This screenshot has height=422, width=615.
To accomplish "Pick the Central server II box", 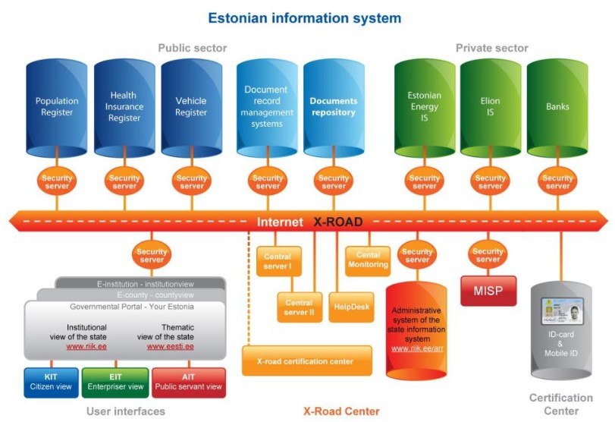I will (299, 307).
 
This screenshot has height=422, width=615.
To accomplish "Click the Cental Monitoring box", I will (369, 260).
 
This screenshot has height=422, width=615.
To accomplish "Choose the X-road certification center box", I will (307, 361).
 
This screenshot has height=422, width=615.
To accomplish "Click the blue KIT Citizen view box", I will (50, 382).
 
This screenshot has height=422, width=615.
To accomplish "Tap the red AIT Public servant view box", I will (188, 382).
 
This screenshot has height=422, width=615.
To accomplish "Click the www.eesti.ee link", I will (170, 345).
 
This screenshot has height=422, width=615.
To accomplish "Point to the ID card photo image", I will (561, 310).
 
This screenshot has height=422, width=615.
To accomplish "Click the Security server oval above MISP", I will (488, 256).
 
